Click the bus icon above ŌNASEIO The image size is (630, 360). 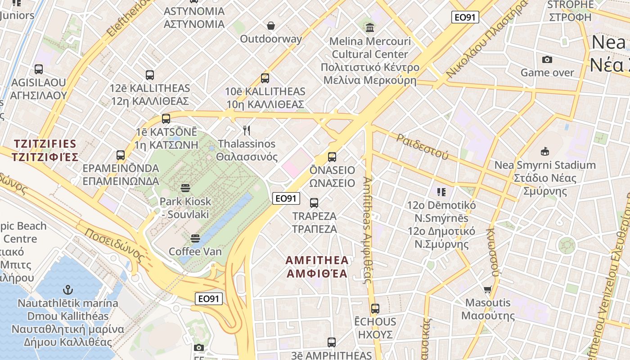(x=332, y=157)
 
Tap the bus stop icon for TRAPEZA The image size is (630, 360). (x=314, y=203)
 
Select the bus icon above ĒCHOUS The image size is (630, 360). (x=375, y=309)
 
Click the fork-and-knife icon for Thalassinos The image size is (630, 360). (x=247, y=130)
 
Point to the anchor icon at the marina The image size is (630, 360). (x=68, y=289)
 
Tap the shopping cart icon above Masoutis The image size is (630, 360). (x=488, y=289)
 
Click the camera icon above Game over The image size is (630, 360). (x=547, y=59)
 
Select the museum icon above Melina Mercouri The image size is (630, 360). (x=370, y=28)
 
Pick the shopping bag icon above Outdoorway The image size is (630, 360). (x=271, y=26)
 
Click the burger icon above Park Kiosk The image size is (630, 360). (x=185, y=188)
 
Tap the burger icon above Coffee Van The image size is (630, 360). (x=195, y=238)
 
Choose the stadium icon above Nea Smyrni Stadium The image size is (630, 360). (x=545, y=151)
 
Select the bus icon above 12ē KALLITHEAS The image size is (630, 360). (x=150, y=75)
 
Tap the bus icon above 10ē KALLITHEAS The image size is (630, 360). (x=265, y=78)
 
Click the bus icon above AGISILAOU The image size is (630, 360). (x=39, y=69)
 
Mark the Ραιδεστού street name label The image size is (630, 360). (x=423, y=146)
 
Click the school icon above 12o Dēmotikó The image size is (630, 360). (x=441, y=192)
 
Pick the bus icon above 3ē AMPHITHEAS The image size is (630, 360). (x=332, y=342)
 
